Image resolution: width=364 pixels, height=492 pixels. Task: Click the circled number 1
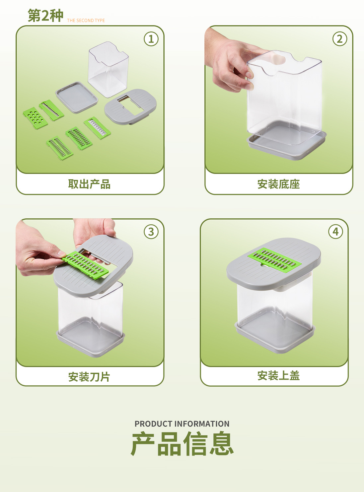(151, 39)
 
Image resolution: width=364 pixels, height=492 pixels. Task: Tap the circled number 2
(339, 39)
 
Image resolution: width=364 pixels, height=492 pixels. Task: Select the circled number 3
(151, 232)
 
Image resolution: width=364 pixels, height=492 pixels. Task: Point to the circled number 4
(335, 232)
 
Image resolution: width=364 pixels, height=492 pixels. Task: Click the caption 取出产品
(89, 184)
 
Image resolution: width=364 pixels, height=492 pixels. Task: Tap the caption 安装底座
(279, 184)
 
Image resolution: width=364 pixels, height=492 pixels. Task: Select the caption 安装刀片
(89, 377)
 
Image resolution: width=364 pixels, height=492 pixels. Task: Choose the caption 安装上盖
(279, 376)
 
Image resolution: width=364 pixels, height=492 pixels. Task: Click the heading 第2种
(45, 16)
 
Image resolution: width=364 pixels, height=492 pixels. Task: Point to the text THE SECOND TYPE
(86, 21)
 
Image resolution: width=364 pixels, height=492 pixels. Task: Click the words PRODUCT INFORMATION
(182, 424)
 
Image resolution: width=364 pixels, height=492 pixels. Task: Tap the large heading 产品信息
(182, 444)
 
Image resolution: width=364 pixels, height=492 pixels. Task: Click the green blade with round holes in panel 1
(35, 118)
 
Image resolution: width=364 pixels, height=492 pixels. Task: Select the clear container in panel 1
(108, 70)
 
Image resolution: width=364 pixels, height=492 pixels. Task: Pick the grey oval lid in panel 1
(130, 106)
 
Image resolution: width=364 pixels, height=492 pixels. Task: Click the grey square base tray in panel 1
(77, 97)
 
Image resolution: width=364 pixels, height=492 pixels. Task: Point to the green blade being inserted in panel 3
(85, 264)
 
